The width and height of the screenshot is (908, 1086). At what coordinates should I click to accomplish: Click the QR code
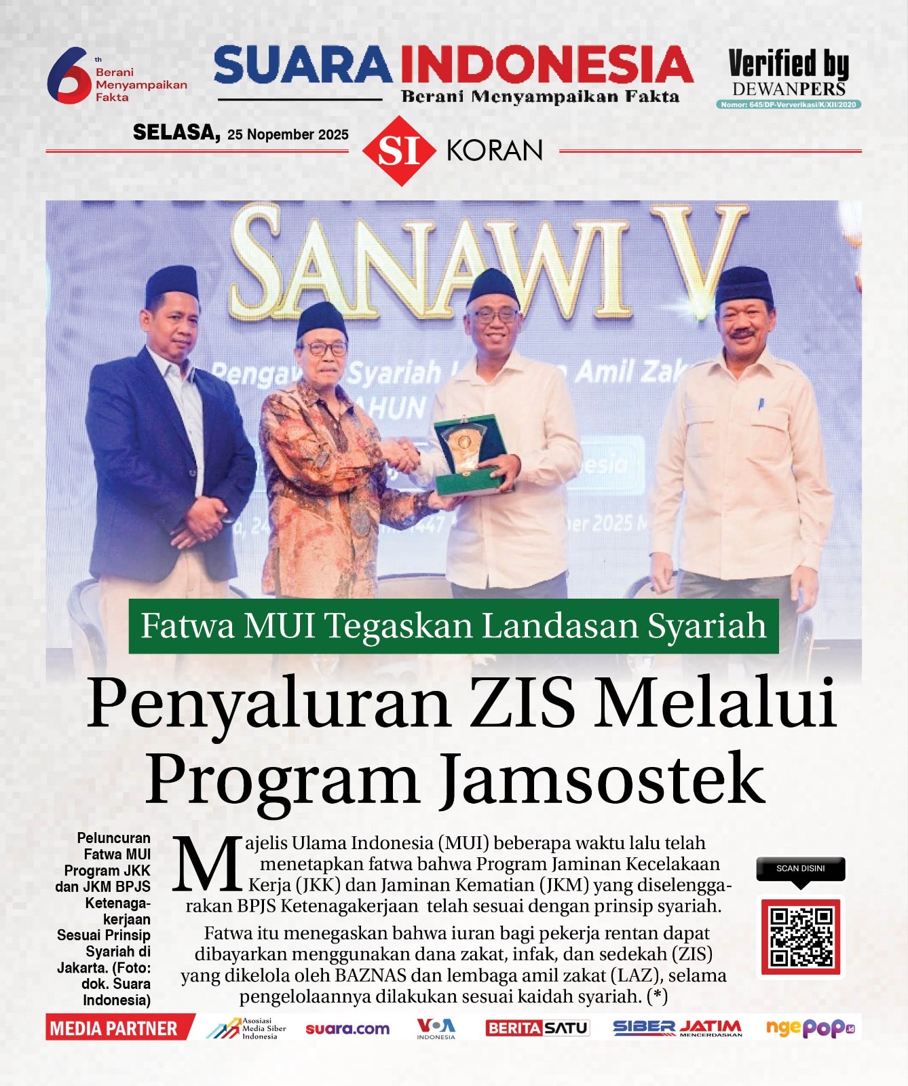click(x=801, y=937)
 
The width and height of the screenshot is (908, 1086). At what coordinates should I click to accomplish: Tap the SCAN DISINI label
click(x=801, y=869)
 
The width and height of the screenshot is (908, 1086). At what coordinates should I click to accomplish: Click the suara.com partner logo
click(x=347, y=1029)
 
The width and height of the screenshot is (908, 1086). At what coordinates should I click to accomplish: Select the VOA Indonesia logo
click(x=436, y=1028)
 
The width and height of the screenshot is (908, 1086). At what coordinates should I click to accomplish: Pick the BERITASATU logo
click(x=537, y=1028)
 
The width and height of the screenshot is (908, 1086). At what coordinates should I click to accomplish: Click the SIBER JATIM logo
click(x=677, y=1028)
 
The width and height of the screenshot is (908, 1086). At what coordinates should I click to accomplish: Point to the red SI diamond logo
click(x=399, y=151)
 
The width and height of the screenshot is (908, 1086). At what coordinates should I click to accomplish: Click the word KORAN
click(x=495, y=151)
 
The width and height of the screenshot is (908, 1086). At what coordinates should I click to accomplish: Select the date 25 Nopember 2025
click(x=288, y=134)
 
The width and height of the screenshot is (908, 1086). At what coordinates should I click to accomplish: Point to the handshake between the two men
click(x=405, y=453)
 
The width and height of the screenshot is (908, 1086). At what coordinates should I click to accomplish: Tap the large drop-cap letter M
click(x=207, y=865)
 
